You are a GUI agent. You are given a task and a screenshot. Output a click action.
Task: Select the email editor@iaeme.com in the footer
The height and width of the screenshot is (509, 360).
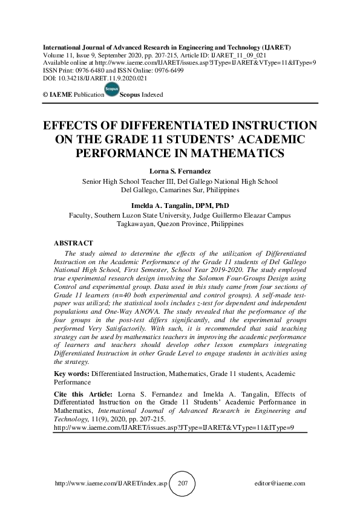point(281,484)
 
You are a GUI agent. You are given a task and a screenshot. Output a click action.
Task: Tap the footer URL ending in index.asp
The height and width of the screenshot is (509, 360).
point(110,484)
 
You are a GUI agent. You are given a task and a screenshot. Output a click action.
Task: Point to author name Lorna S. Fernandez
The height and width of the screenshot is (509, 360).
point(180,172)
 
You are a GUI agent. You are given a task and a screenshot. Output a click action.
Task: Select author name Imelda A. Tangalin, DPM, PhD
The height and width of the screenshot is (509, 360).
point(180,206)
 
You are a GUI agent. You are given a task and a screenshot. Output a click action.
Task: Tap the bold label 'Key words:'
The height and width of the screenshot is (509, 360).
point(72,375)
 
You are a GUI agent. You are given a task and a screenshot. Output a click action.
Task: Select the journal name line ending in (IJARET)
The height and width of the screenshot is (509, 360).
point(165,47)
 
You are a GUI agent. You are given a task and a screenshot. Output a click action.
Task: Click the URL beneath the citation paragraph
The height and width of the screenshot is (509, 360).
point(174,427)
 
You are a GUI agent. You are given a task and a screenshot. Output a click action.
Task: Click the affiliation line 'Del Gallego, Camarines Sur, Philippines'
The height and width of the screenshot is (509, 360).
point(180,189)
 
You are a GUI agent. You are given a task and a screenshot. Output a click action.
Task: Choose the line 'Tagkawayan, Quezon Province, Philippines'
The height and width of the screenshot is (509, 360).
point(180,223)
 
